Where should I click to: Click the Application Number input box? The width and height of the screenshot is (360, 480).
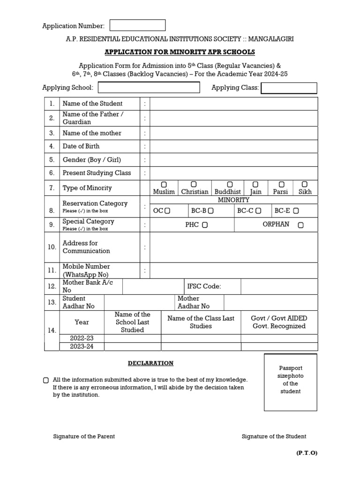pos(137,25)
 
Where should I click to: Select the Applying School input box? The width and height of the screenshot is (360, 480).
pos(149,88)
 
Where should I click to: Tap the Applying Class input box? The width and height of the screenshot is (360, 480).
pos(289,88)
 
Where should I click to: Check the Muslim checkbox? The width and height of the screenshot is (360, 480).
pos(164,184)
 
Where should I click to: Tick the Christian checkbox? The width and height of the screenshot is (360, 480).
pos(194,184)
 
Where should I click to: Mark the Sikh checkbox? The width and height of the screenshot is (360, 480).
pos(305,184)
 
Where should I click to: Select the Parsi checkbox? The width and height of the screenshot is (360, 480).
pos(281,184)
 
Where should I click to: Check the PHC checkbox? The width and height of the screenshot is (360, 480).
pos(205,225)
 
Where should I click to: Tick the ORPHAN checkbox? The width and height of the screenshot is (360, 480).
pos(300,225)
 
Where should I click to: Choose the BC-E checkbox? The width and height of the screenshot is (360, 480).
pos(296,211)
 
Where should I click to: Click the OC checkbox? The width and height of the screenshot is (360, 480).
pos(167,211)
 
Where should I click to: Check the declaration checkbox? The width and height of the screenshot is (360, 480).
pos(46,380)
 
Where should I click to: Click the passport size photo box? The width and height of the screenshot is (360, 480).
pos(290,382)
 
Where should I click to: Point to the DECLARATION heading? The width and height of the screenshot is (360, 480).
pos(151,363)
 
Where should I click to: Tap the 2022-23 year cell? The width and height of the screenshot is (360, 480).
pos(82,338)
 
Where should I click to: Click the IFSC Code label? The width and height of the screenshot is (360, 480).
pos(204,286)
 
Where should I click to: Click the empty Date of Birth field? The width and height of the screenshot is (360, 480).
pos(233,146)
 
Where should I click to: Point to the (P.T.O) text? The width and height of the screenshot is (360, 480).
pos(306,453)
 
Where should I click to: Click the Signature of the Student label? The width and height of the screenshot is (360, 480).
pos(274,436)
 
